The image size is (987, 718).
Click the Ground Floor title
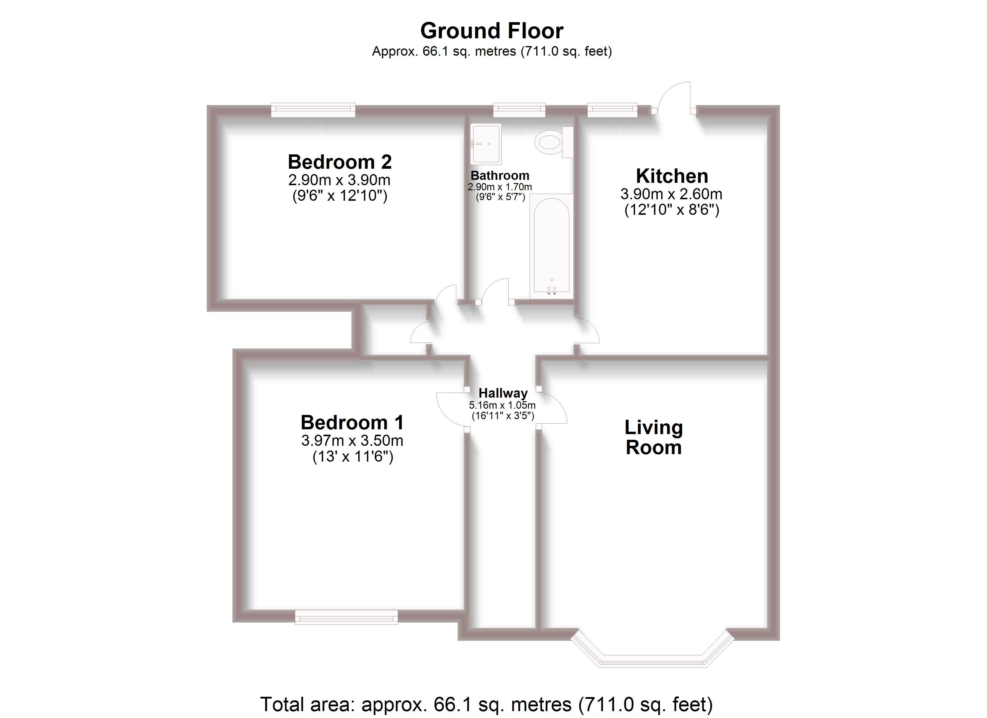(492, 31)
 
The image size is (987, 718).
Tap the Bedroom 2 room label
(339, 162)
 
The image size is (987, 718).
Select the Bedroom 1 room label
(352, 422)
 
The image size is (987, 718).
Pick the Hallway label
(503, 393)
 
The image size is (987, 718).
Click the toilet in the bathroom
(554, 142)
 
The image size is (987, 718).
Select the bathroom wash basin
(486, 144)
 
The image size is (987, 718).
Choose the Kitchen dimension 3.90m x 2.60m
(671, 194)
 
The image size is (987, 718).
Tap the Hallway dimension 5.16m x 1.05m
(502, 405)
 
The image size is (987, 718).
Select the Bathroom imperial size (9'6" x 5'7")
(500, 197)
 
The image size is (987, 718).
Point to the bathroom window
(519, 110)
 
